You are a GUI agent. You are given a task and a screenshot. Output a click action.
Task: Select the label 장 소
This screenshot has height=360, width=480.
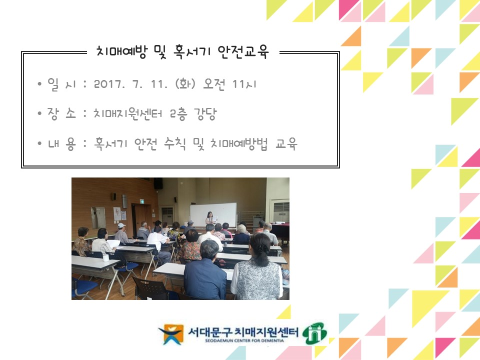(x=61, y=114)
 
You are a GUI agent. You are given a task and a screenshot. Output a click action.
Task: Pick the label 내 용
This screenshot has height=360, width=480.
(x=61, y=144)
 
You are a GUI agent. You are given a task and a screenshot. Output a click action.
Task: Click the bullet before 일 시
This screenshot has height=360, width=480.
(x=39, y=84)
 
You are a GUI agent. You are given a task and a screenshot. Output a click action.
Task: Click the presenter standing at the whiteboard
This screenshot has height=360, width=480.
(x=210, y=219)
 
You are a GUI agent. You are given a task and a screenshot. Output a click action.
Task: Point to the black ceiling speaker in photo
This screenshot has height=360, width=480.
(x=158, y=183)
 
